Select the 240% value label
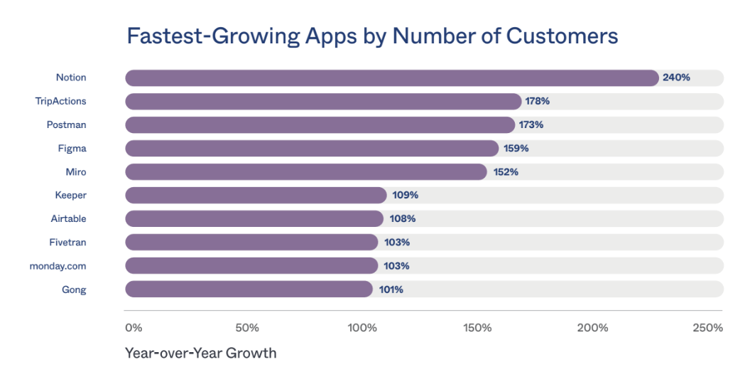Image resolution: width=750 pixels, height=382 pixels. (x=676, y=78)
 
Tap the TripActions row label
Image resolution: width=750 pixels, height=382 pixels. (x=60, y=101)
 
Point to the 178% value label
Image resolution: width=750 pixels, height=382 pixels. (x=537, y=101)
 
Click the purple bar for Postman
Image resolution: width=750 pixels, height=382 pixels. (x=320, y=124)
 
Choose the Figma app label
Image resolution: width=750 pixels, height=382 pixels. (x=72, y=148)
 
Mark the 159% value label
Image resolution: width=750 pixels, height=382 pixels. (x=515, y=148)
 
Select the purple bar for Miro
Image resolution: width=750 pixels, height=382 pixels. (x=306, y=171)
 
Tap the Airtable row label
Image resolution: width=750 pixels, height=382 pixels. (x=68, y=218)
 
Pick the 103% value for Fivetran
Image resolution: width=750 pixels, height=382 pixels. (x=396, y=242)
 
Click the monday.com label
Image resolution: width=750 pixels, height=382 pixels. (x=58, y=265)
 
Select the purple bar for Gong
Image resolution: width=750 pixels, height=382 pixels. (x=249, y=289)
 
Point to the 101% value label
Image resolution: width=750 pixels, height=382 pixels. (x=390, y=289)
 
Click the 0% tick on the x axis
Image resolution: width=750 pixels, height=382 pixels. (x=134, y=328)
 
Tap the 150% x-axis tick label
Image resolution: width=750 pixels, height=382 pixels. (x=477, y=328)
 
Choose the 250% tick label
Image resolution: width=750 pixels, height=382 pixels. (x=707, y=328)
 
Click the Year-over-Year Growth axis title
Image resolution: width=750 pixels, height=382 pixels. (x=200, y=353)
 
